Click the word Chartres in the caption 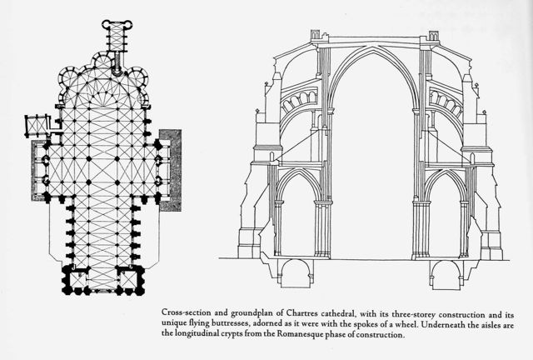pyautogui.click(x=301, y=312)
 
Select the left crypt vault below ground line pyautogui.click(x=296, y=272)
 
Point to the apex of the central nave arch pyautogui.click(x=374, y=47)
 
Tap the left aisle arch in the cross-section pyautogui.click(x=298, y=172)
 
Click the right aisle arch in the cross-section pyautogui.click(x=446, y=172)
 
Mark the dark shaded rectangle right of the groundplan pyautogui.click(x=171, y=170)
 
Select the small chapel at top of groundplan pyautogui.click(x=117, y=35)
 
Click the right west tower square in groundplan pyautogui.click(x=131, y=280)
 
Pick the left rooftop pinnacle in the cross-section pyautogui.click(x=316, y=35)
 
